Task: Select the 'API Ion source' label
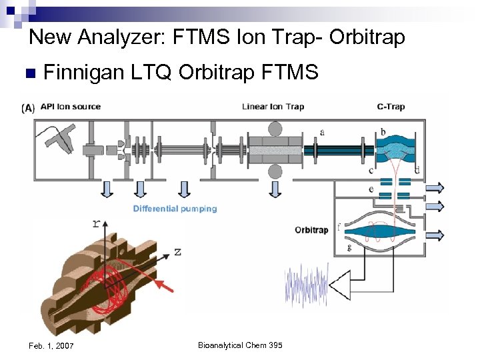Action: click(71, 107)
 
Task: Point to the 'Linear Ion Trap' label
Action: click(273, 107)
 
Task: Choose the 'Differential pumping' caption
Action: click(175, 209)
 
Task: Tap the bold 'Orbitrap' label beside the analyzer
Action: click(311, 230)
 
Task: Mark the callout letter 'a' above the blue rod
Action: click(323, 132)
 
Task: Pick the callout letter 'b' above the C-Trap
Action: click(383, 131)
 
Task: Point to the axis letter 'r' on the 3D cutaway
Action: click(97, 223)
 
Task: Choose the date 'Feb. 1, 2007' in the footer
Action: click(52, 345)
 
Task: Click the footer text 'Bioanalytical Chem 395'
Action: click(240, 345)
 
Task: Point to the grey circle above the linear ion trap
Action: click(274, 128)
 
